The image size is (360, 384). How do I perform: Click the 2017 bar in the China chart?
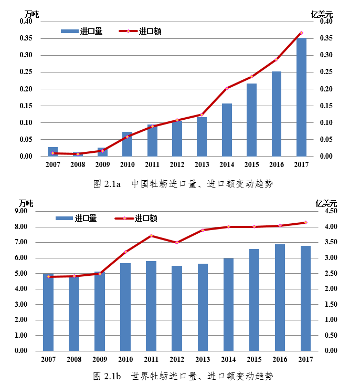301,97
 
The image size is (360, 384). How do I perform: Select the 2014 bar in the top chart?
227,130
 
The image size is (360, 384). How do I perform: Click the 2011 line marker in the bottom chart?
151,235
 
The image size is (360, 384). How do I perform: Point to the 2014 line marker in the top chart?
227,88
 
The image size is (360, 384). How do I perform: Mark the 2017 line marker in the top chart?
301,33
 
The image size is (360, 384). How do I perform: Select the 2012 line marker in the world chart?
177,242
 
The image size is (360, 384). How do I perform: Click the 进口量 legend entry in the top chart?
81,31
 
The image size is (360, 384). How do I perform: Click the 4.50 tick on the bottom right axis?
330,211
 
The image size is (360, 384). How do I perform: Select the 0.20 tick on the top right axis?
327,89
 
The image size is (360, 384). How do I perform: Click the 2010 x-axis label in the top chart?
127,165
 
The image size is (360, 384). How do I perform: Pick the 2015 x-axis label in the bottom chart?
254,359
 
